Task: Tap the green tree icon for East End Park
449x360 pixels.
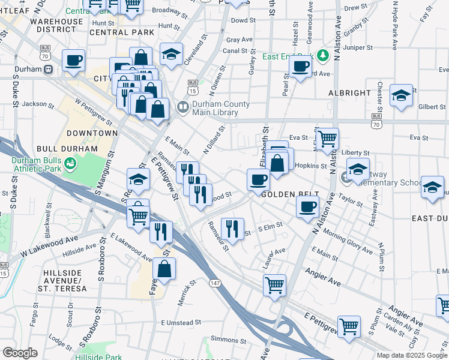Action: coord(324,56)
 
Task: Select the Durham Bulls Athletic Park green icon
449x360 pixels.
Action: coord(70,163)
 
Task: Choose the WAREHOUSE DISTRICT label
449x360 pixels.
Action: coord(57,25)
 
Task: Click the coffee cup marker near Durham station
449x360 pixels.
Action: coord(74,60)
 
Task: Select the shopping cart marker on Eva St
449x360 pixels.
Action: coord(327,139)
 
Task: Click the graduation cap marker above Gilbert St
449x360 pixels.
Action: coord(401,95)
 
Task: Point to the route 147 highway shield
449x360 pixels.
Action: coord(214,281)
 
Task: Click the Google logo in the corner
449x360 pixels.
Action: coord(20,352)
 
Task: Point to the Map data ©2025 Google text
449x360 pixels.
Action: coord(411,355)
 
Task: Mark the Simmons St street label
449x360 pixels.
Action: coord(225,340)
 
